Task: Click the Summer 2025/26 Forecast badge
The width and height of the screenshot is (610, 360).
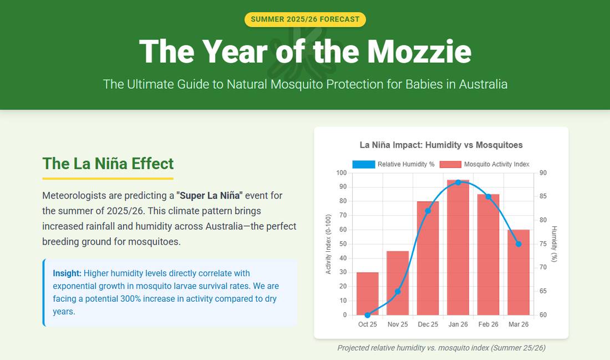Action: coord(305,19)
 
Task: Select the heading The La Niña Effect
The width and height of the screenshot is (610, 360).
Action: coord(108,164)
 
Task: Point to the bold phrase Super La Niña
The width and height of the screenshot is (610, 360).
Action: coord(210,196)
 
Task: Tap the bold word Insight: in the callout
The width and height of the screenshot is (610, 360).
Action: coord(67,273)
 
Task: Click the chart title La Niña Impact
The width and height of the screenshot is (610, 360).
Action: coord(441,145)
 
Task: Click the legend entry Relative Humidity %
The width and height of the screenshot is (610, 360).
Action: coord(393,164)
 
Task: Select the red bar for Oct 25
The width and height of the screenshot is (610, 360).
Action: coord(368,293)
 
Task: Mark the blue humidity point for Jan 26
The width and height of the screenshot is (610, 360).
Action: coord(458,182)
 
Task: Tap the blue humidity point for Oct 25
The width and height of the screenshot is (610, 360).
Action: coord(368,315)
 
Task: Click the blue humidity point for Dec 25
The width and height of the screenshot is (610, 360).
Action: coord(428,211)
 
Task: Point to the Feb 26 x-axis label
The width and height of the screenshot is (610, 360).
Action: coord(488,324)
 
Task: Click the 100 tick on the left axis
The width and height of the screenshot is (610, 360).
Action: coord(341,173)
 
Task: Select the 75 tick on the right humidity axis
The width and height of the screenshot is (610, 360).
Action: coord(543,244)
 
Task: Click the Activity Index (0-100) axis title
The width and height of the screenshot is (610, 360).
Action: coord(328,244)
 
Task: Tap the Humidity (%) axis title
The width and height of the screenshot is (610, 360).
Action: coord(554,244)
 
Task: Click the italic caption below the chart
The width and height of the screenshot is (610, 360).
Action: coord(441,348)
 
